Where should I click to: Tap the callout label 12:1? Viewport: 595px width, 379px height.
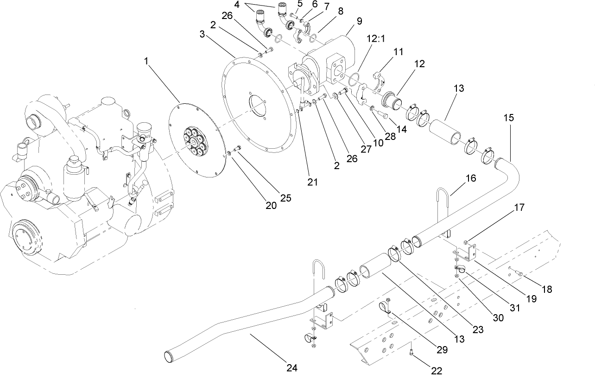[376, 39]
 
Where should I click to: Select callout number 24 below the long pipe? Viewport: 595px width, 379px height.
[291, 368]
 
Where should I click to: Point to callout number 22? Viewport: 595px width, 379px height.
[437, 371]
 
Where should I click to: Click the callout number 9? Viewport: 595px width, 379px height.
[359, 21]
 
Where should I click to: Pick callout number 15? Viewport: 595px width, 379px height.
[508, 118]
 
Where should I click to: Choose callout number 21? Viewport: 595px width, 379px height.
[313, 182]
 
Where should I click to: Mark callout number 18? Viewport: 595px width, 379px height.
[547, 289]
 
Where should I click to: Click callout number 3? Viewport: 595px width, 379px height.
[202, 35]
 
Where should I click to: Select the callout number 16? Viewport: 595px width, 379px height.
[471, 177]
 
